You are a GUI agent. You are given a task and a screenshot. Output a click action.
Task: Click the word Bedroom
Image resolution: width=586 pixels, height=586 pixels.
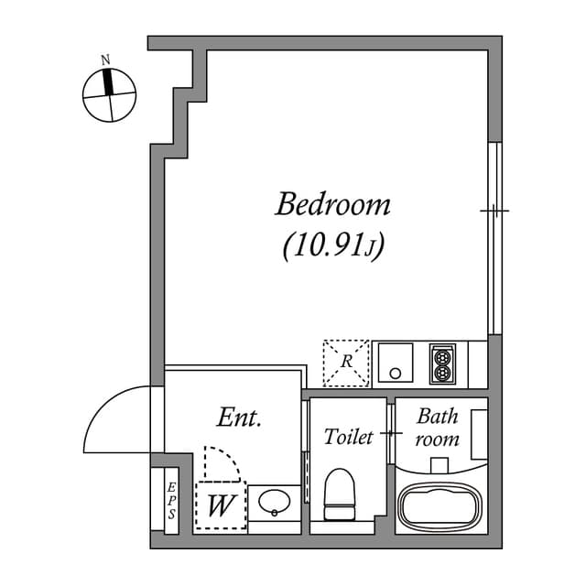[x=332, y=203]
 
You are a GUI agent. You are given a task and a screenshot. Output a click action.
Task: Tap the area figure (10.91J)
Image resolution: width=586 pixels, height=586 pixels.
[x=332, y=245]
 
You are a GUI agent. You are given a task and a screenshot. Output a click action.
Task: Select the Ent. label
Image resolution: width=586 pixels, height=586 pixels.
[x=240, y=419]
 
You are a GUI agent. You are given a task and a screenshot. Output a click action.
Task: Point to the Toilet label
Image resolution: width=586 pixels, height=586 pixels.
[x=349, y=437]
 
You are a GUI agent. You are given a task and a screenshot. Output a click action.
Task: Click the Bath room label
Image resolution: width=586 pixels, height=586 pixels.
[x=437, y=427]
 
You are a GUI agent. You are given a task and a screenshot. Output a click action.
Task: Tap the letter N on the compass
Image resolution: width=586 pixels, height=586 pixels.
[x=106, y=60]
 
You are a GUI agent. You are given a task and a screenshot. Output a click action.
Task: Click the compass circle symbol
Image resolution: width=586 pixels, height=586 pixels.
[x=109, y=95]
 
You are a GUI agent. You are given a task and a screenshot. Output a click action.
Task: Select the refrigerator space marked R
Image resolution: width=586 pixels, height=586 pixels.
[x=346, y=362]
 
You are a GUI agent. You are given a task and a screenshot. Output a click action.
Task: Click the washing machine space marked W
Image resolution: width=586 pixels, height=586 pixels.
[x=220, y=505]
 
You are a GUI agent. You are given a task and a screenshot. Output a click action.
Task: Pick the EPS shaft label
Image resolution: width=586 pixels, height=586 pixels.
[x=171, y=502]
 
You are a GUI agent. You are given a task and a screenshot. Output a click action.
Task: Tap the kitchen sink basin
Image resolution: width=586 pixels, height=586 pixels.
[x=396, y=364]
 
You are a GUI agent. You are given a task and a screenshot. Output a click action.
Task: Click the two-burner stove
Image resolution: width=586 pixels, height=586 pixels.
[x=442, y=364]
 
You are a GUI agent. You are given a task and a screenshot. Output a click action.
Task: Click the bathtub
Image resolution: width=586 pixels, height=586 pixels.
[x=439, y=505]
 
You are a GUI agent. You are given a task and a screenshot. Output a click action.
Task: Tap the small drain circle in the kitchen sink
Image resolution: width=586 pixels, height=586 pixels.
[x=396, y=373]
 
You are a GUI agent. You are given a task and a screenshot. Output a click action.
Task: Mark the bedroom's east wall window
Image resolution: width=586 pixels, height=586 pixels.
[x=494, y=238]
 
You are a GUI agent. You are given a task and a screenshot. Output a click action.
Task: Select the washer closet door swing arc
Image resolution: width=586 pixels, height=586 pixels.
[x=222, y=463]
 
